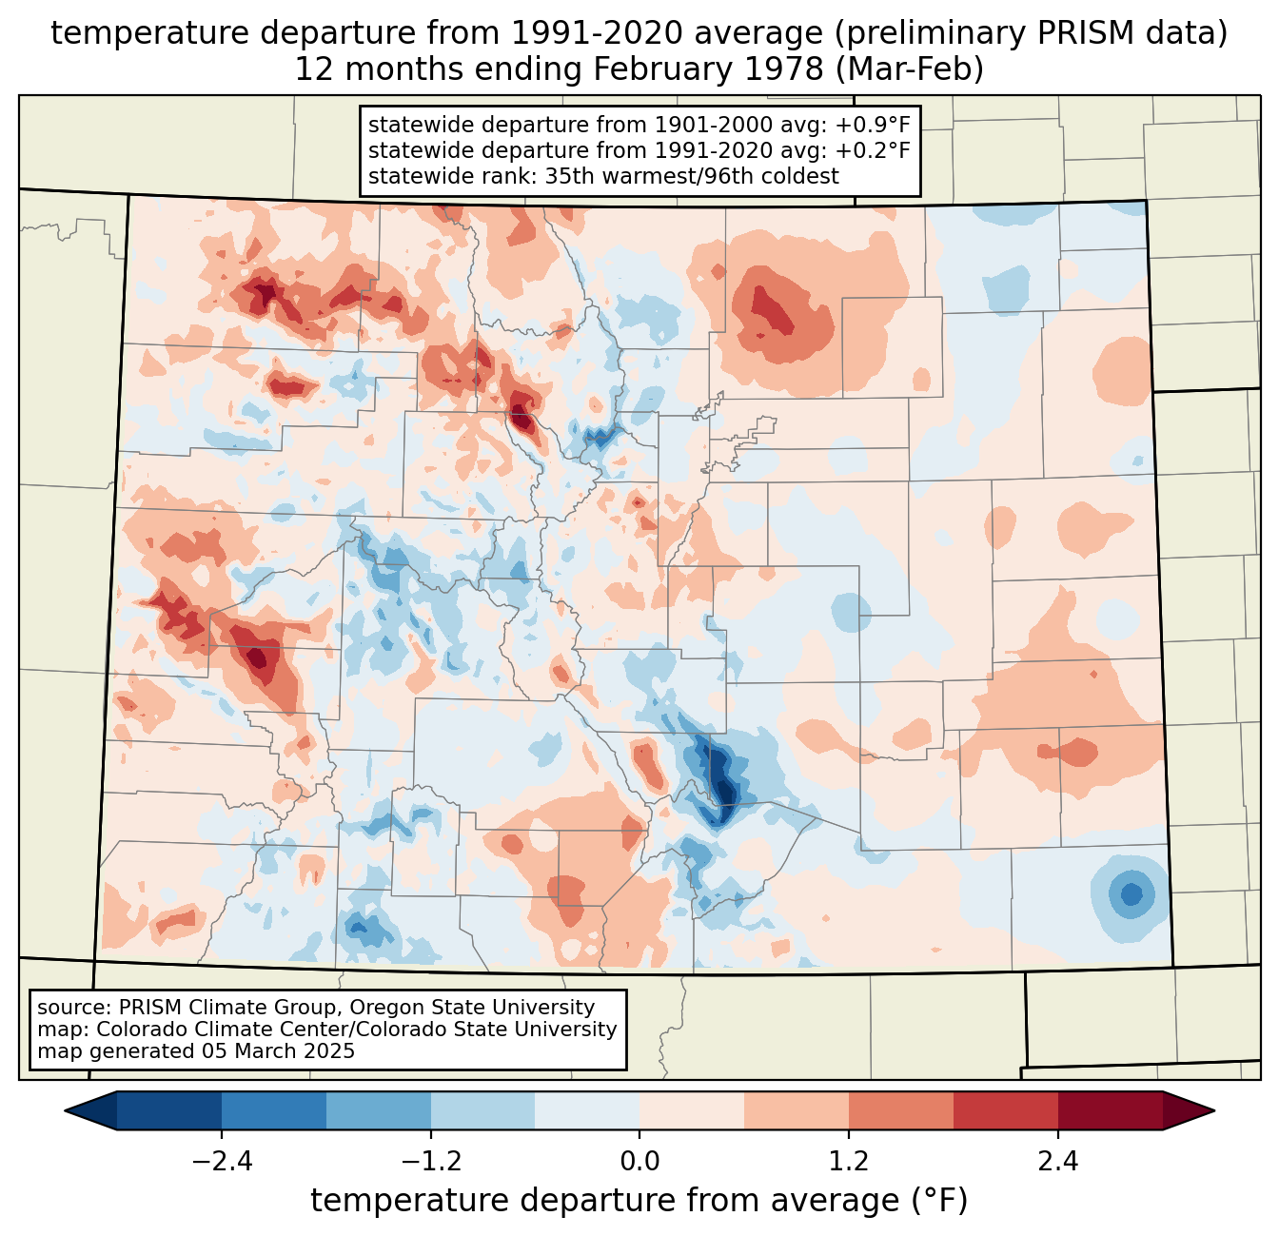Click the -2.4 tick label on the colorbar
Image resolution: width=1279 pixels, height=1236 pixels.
(221, 1162)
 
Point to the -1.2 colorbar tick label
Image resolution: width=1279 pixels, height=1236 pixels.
(430, 1162)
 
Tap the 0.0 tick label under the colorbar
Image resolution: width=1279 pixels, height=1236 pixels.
(639, 1162)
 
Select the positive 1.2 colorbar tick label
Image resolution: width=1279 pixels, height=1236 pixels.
(849, 1162)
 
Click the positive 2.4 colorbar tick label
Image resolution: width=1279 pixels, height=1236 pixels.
(1057, 1162)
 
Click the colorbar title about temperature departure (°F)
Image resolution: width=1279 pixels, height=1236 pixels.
(639, 1201)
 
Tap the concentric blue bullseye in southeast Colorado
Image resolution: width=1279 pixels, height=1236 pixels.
(1131, 894)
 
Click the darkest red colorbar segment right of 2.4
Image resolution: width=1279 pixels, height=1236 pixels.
(1110, 1110)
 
